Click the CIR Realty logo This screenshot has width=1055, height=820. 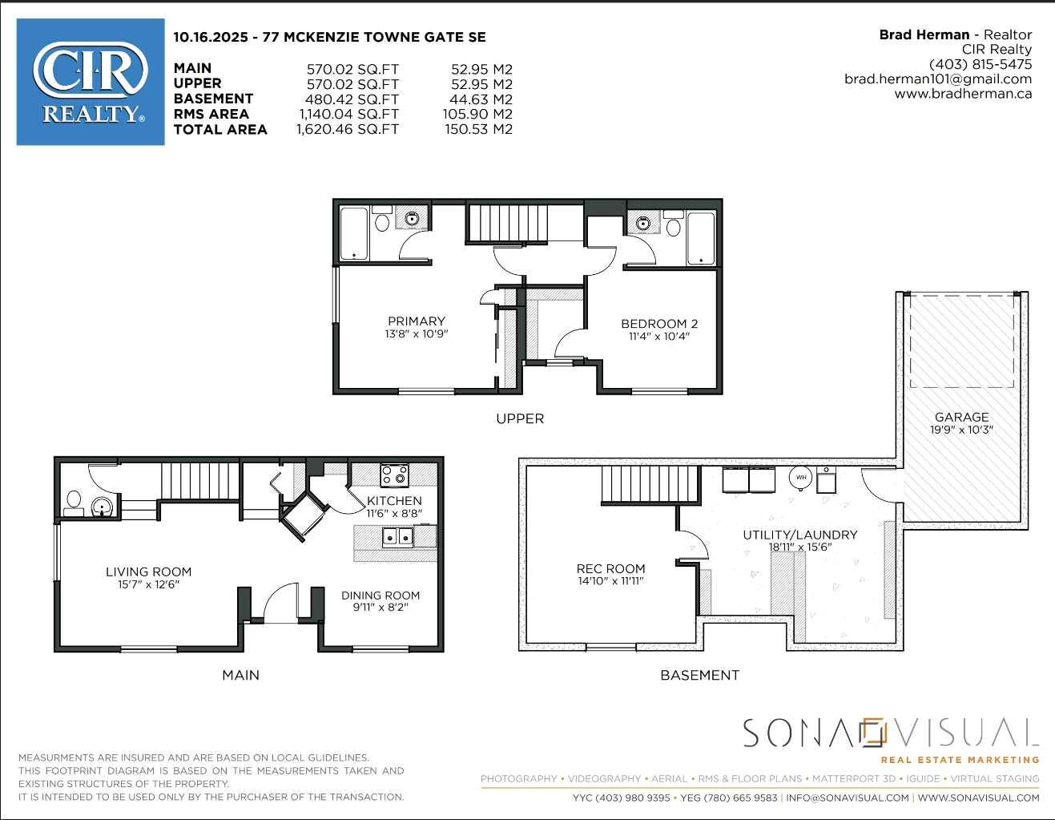(x=91, y=82)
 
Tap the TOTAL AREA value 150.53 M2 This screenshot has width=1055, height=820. (x=478, y=130)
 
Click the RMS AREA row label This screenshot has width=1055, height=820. (x=211, y=115)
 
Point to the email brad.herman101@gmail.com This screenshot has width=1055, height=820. (x=937, y=79)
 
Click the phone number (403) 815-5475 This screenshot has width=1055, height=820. (x=980, y=64)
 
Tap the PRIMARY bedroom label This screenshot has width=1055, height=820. (x=416, y=321)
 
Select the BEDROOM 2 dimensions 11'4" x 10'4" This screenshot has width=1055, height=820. (x=659, y=337)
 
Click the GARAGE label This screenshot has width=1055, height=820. (x=961, y=417)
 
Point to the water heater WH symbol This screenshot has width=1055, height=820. (x=801, y=478)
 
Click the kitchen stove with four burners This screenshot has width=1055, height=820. (x=394, y=475)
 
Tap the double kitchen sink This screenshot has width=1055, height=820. (x=397, y=536)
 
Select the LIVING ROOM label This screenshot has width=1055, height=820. (x=148, y=572)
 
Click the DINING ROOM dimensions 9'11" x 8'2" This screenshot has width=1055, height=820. (x=381, y=608)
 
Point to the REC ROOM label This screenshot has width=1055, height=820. (x=610, y=568)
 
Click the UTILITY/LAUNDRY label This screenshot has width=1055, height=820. (x=799, y=535)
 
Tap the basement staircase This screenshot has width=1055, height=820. (x=650, y=485)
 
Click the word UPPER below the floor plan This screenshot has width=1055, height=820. (x=519, y=418)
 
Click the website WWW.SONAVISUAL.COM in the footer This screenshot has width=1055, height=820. (x=978, y=798)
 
